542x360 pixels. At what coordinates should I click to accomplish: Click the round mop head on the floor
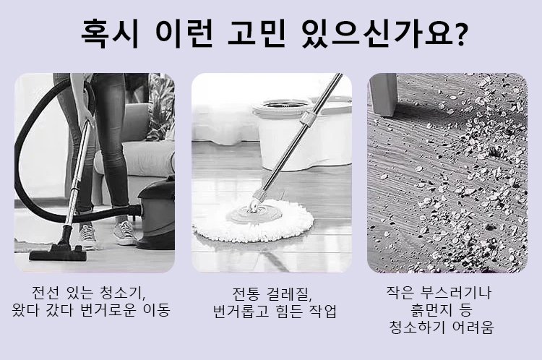click(253, 220)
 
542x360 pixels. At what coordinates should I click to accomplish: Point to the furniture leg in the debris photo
click(383, 94)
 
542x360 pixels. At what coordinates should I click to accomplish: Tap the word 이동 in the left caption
click(157, 310)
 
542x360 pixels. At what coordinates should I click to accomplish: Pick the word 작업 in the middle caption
click(323, 311)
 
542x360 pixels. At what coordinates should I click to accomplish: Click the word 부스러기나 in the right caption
click(456, 293)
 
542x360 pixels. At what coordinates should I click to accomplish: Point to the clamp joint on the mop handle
click(308, 119)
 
